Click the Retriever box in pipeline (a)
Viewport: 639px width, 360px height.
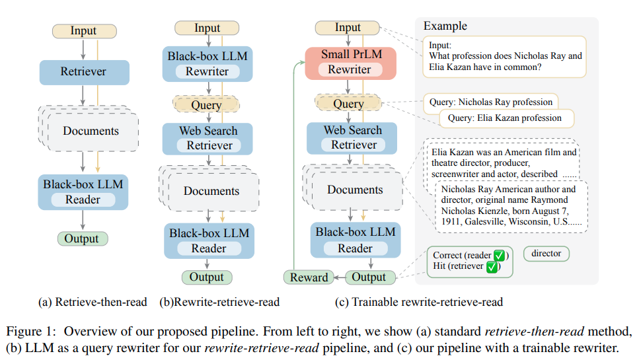(x=83, y=71)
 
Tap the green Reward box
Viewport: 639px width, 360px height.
(x=309, y=277)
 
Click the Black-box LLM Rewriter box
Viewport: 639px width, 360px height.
(x=207, y=63)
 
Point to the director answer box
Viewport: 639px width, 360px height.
(x=546, y=253)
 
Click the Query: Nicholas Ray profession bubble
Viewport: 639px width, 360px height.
(x=490, y=102)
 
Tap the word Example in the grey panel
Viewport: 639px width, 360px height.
(x=445, y=26)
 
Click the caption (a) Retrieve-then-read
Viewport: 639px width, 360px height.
(x=93, y=302)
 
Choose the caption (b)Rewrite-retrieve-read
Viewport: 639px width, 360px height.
(x=219, y=302)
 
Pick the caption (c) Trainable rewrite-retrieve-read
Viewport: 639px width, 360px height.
(x=419, y=302)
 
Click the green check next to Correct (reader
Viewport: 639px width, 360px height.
(x=500, y=255)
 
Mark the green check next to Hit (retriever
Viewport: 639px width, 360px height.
(x=493, y=268)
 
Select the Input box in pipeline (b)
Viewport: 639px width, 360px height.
(x=207, y=28)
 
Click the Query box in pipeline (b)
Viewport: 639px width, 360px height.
(x=206, y=104)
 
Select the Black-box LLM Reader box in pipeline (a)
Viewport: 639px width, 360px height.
(x=83, y=191)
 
